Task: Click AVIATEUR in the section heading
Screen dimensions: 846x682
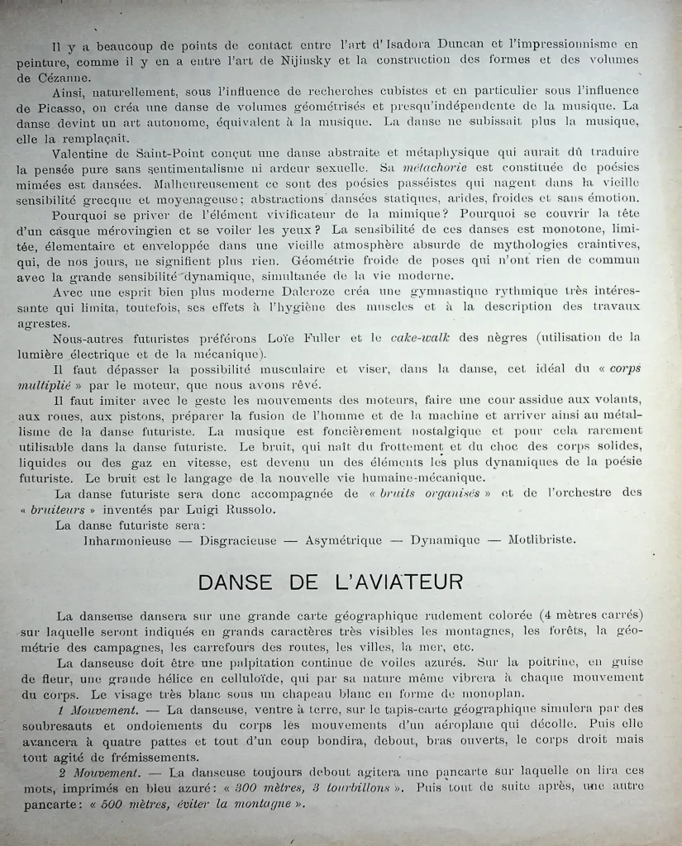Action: [403, 583]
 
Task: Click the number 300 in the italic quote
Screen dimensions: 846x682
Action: [243, 788]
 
